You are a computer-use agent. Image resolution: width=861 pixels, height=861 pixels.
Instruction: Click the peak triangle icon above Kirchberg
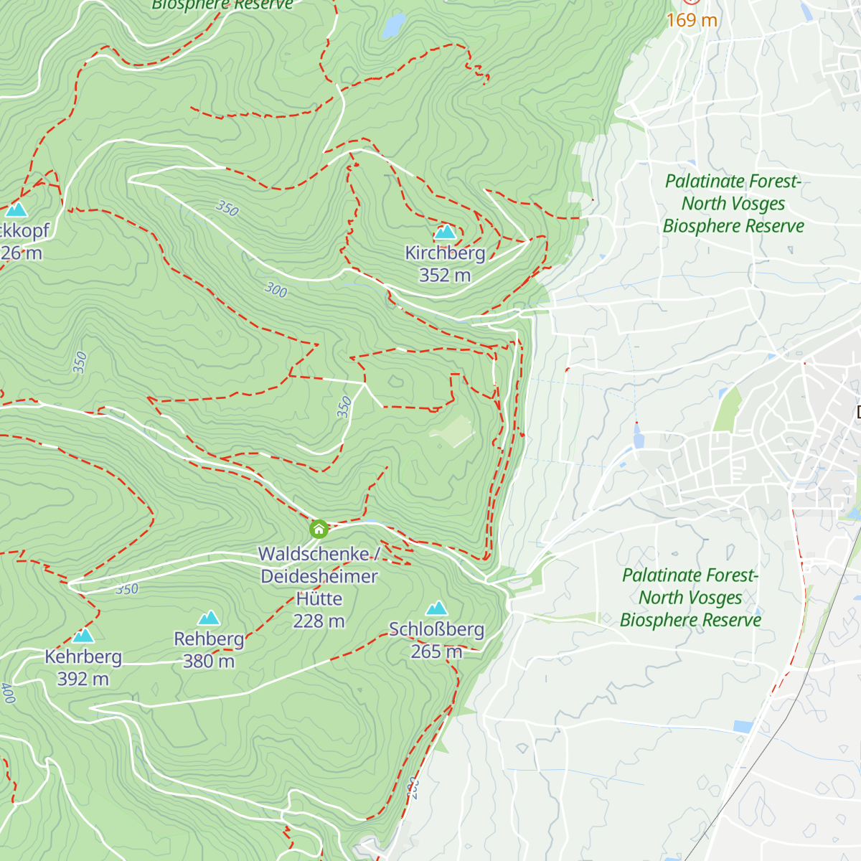point(446,232)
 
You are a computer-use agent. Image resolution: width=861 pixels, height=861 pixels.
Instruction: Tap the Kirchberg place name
point(445,253)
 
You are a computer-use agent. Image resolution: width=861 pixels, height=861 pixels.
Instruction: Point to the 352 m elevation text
point(445,276)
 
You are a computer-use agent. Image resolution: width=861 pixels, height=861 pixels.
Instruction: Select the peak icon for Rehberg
point(209,618)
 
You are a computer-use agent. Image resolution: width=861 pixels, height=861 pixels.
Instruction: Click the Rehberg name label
point(209,639)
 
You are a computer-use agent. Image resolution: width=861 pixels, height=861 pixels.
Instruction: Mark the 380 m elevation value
point(209,662)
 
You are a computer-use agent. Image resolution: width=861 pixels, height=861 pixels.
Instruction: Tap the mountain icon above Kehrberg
point(83,636)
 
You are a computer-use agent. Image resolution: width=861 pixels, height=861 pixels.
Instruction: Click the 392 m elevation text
point(83,679)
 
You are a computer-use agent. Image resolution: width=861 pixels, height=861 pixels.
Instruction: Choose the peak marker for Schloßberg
point(436,609)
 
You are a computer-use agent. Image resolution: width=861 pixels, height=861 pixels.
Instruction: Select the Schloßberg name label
point(436,630)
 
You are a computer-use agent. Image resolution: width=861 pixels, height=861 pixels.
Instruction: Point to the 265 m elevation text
point(436,652)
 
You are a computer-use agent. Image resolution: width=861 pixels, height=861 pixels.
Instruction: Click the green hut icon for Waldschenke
point(319,530)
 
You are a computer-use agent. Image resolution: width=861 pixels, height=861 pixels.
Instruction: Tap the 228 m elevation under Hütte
point(319,621)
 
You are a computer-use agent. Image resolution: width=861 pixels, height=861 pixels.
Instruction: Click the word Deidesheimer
point(319,577)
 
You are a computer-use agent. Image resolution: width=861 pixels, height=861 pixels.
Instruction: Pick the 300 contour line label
point(276,291)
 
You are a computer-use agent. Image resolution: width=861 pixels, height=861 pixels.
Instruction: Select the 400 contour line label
point(8,693)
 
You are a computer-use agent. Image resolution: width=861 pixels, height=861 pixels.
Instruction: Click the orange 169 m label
point(692,20)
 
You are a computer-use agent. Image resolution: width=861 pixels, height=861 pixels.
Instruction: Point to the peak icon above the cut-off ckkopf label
point(16,210)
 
